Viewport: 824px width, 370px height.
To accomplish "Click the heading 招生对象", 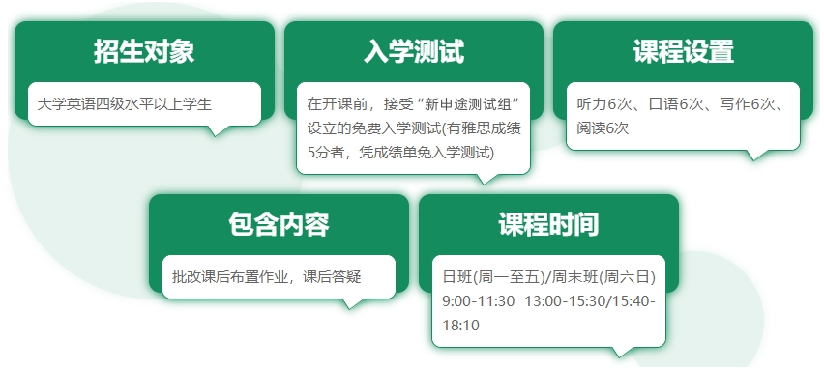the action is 144,51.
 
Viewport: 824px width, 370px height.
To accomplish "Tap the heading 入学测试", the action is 414,51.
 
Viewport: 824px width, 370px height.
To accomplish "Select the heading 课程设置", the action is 683,51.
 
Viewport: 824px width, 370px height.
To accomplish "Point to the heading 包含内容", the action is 280,225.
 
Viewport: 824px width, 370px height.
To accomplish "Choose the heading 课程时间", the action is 548,225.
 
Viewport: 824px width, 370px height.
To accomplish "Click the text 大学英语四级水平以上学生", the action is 125,104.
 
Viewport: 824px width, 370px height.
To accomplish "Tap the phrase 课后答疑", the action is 332,277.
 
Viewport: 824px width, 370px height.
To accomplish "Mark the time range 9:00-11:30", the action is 478,301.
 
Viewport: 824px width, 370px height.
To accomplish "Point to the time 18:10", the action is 461,326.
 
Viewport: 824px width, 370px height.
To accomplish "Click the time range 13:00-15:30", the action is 561,301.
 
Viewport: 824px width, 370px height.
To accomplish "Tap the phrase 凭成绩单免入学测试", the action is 427,153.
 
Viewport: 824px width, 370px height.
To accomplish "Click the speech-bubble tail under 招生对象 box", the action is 216,130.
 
